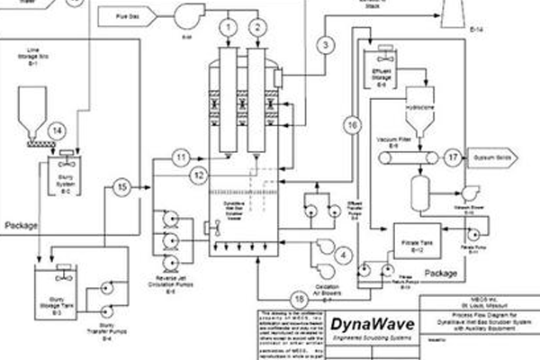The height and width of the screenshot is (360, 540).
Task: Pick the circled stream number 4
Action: (342, 256)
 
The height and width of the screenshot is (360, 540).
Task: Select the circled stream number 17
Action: (452, 157)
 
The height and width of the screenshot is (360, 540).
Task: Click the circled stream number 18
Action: (299, 299)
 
